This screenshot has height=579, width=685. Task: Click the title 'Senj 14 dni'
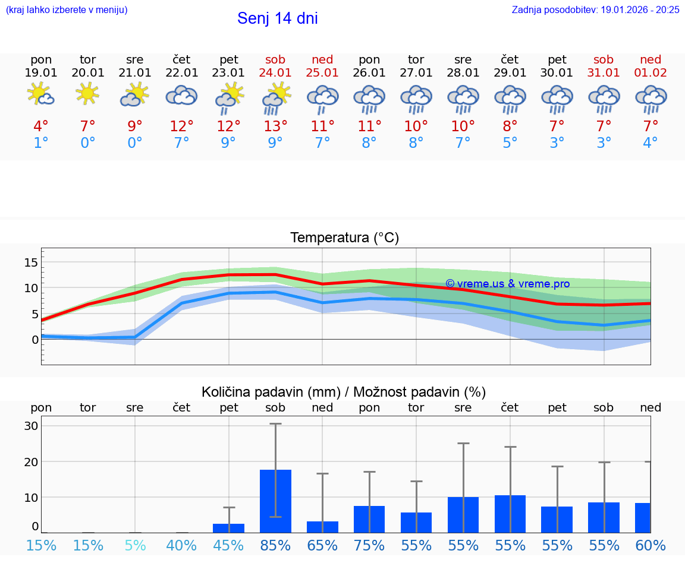(277, 18)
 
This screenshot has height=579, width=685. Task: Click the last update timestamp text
(595, 10)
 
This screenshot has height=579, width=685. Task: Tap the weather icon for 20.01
(88, 94)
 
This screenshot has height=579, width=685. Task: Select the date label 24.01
(275, 72)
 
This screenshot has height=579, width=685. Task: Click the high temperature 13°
(275, 126)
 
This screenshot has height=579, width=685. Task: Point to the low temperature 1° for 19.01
(41, 143)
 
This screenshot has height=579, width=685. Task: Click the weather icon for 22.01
(181, 95)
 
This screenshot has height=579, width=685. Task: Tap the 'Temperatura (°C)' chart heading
(344, 238)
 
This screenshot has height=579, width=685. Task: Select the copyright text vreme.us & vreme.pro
(507, 284)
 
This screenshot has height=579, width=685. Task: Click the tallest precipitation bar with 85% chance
(275, 501)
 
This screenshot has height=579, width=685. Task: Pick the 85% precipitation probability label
(275, 545)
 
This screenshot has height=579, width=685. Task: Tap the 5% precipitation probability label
(135, 545)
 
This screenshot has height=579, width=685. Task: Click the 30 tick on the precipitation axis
(32, 426)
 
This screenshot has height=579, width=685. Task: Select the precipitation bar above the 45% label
(228, 528)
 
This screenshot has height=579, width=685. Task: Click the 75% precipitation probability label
(369, 545)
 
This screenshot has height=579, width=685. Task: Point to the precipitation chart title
(344, 392)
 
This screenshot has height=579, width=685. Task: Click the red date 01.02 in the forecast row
(651, 72)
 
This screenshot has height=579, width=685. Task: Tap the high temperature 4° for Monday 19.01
(41, 126)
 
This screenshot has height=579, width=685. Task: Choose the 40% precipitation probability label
(181, 545)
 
